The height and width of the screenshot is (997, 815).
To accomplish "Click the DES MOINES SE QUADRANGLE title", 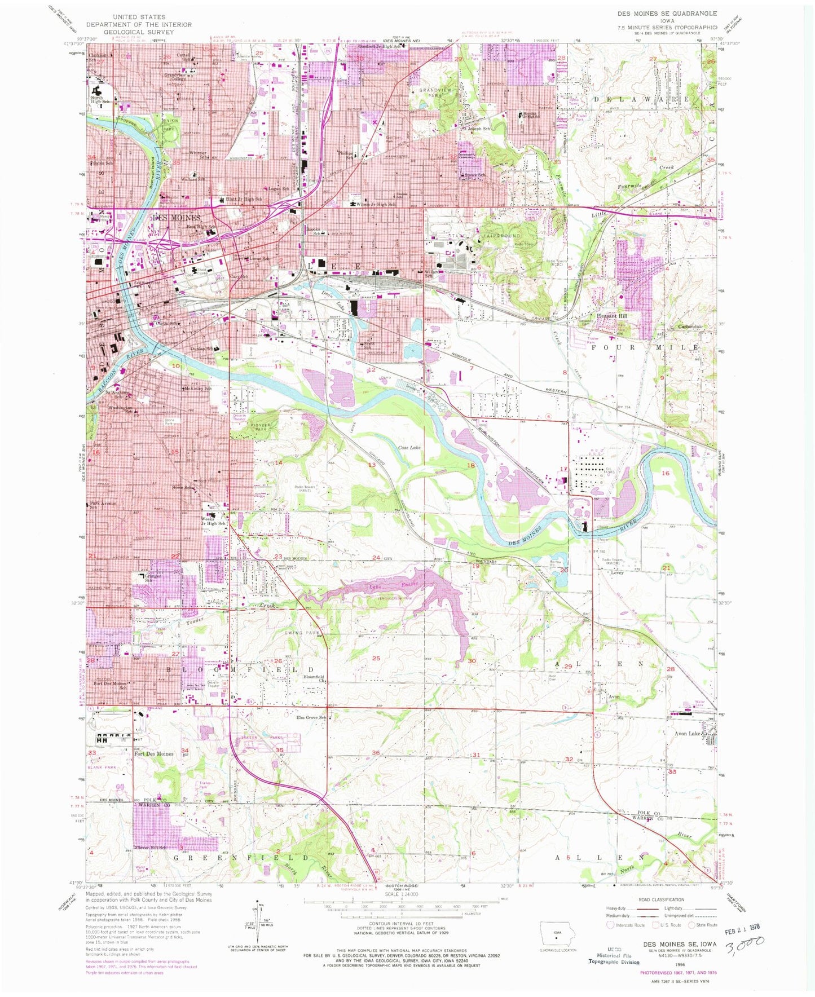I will pyautogui.click(x=668, y=13).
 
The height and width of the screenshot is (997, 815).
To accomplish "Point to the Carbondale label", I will pyautogui.click(x=690, y=327).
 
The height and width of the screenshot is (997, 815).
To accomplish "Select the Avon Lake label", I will pyautogui.click(x=686, y=734).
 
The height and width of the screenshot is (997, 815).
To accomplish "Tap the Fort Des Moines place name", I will pyautogui.click(x=153, y=753).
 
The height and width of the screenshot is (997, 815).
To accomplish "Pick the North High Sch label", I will pyautogui.click(x=97, y=100).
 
